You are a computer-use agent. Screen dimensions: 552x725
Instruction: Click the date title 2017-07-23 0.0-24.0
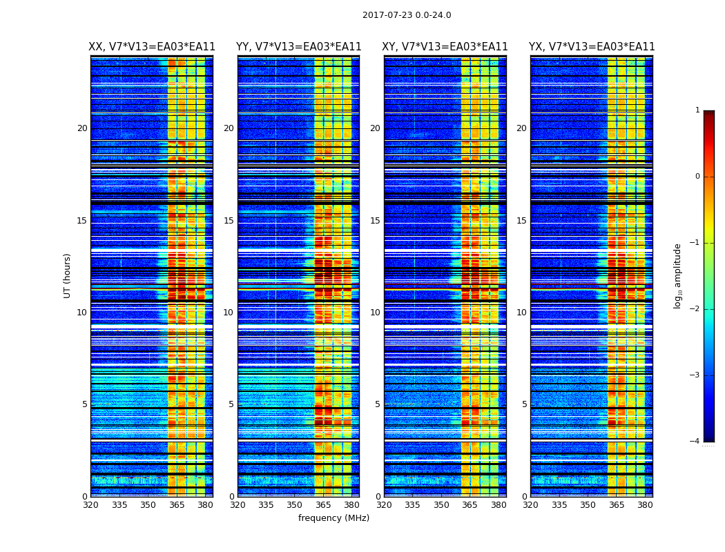[x=407, y=15]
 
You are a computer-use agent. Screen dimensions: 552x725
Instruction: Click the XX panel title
[x=152, y=47]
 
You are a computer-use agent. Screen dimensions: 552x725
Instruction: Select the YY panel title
[x=298, y=47]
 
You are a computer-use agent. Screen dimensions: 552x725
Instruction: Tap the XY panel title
[x=445, y=47]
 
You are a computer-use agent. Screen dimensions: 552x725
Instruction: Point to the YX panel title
[x=592, y=47]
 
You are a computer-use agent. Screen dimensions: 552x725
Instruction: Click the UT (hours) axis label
[x=68, y=275]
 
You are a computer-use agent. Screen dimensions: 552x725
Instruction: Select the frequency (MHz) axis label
[x=333, y=518]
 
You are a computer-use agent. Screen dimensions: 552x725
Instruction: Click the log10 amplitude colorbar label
[x=678, y=275]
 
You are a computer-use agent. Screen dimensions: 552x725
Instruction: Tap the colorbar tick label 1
[x=697, y=110]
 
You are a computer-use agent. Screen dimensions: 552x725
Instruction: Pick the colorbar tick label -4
[x=695, y=442]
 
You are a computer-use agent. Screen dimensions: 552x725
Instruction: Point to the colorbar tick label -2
[x=695, y=309]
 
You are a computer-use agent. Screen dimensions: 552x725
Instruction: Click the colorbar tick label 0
[x=697, y=177]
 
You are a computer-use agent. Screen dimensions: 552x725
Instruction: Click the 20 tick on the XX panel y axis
[x=82, y=128]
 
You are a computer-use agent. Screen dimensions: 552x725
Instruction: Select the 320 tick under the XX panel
[x=91, y=505]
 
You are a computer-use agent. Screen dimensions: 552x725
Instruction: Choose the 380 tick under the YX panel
[x=645, y=505]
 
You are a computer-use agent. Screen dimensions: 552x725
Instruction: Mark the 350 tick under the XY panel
[x=441, y=505]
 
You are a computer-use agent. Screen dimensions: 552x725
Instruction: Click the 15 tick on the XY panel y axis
[x=375, y=221]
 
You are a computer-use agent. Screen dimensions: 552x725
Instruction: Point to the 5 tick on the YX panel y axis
[x=524, y=404]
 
